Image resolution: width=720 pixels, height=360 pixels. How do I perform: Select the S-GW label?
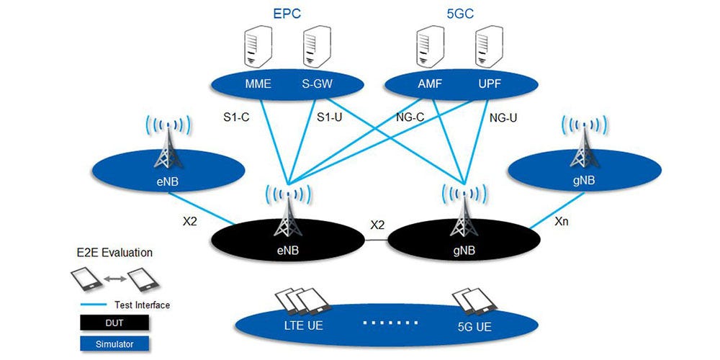coord(318,84)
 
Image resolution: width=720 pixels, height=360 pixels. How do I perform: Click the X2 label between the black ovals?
coord(377,225)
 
